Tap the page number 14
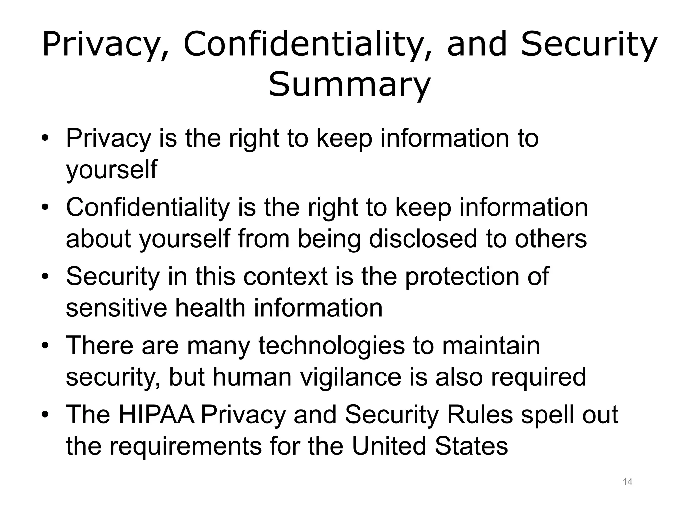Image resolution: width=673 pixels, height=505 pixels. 627,482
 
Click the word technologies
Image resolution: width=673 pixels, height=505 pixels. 331,346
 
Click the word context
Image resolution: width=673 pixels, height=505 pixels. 285,276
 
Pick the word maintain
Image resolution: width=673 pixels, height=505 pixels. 491,346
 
